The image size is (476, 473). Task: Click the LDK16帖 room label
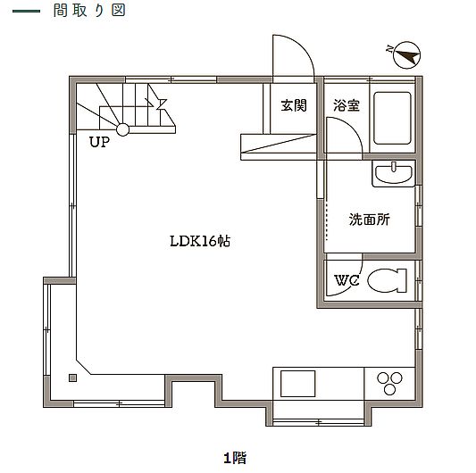pyautogui.click(x=200, y=242)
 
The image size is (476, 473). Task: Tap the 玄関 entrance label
pyautogui.click(x=294, y=105)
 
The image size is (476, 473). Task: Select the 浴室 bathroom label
pyautogui.click(x=347, y=105)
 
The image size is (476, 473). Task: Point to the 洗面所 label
pyautogui.click(x=370, y=220)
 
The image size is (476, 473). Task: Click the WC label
pyautogui.click(x=347, y=280)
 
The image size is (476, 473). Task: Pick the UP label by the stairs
pyautogui.click(x=99, y=142)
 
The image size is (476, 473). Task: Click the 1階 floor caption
pyautogui.click(x=235, y=458)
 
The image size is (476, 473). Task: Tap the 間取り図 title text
pyautogui.click(x=89, y=11)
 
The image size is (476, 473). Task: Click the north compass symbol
pyautogui.click(x=406, y=54)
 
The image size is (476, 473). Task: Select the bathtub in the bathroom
pyautogui.click(x=392, y=118)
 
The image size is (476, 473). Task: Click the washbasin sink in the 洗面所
pyautogui.click(x=394, y=173)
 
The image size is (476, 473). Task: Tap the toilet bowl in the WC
pyautogui.click(x=387, y=280)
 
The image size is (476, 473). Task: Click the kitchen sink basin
pyautogui.click(x=297, y=384)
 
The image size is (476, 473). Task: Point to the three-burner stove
pyautogui.click(x=389, y=383)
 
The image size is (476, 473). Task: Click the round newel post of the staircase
pyautogui.click(x=123, y=130)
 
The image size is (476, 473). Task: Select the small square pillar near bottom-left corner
pyautogui.click(x=73, y=378)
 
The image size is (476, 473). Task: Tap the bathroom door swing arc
pyautogui.click(x=352, y=127)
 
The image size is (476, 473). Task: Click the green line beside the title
pyautogui.click(x=27, y=12)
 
